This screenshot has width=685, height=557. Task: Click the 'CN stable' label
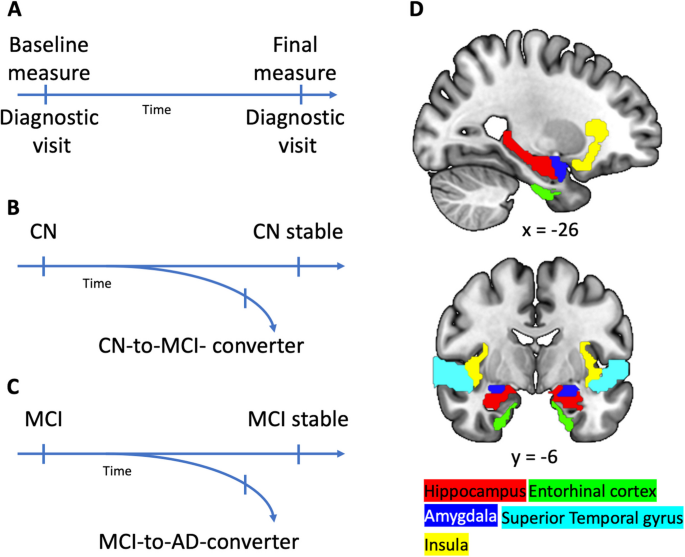299,233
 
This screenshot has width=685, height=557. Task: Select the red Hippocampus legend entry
474,491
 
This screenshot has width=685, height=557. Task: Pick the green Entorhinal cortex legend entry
591,491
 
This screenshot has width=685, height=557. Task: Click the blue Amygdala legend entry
460,518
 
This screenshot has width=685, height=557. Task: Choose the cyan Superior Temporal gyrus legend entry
591,518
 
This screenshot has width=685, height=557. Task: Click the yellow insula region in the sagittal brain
597,139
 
